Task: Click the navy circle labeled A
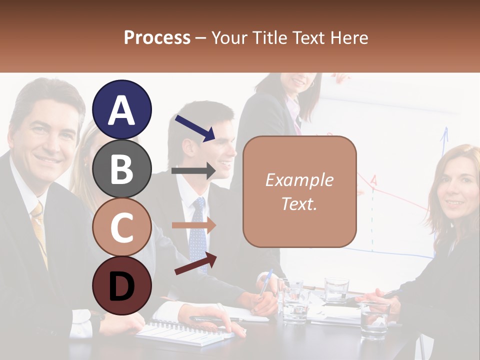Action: pos(122,109)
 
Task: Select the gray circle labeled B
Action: pos(122,168)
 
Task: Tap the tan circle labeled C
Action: pos(122,227)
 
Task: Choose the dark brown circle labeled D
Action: pos(122,285)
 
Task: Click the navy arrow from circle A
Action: pos(195,127)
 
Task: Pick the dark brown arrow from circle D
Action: pos(195,263)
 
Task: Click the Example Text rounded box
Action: pos(299,191)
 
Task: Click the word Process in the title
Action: pos(157,37)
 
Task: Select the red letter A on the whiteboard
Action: pos(373,180)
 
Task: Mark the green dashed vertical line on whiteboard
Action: pos(372,220)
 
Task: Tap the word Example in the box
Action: pos(299,180)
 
